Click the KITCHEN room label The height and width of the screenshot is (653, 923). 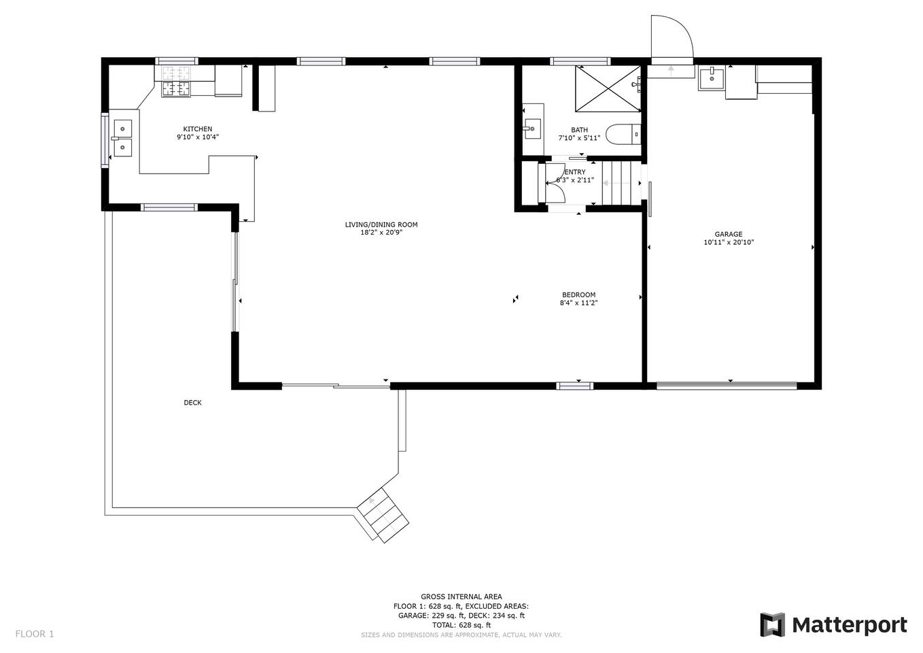197,129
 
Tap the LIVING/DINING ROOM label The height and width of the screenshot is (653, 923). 381,224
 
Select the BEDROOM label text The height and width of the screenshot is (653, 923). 578,295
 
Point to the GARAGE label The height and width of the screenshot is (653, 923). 729,234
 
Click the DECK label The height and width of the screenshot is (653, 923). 192,403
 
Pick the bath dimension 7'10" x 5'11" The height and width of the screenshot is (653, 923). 579,138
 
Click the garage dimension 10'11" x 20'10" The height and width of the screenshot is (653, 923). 729,242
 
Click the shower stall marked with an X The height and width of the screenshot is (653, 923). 608,88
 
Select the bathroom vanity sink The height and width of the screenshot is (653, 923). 532,129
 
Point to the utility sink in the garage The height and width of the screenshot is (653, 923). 712,79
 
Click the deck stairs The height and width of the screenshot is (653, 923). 383,515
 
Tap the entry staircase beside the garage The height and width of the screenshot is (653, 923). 616,182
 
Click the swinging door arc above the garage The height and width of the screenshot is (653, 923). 680,31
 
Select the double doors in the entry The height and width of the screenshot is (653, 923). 555,183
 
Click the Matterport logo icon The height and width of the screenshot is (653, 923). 772,624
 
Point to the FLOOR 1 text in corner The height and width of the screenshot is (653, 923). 35,634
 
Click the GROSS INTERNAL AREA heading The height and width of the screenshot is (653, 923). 461,597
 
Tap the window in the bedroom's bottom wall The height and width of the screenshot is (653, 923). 575,386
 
